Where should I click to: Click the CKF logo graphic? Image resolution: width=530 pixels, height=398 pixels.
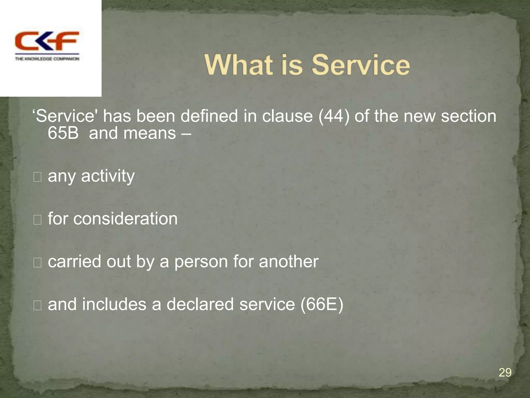[47, 41]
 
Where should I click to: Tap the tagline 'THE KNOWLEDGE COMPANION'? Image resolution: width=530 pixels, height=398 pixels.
[47, 59]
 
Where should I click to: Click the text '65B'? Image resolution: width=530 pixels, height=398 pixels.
[63, 133]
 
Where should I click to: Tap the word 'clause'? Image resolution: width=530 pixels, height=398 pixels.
[287, 116]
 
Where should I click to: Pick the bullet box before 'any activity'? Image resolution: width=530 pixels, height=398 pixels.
[38, 177]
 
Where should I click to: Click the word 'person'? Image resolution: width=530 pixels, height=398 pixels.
[201, 262]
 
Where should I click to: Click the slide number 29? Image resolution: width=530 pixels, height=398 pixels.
[505, 373]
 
